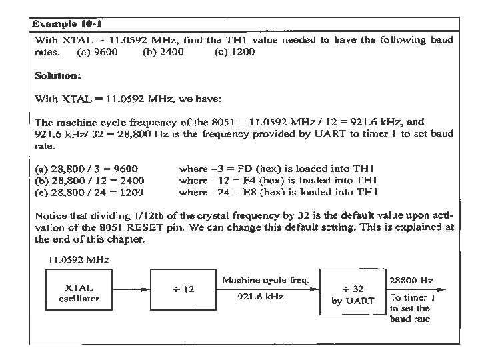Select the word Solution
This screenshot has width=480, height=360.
[57, 75]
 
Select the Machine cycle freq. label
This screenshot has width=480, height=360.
[265, 281]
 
